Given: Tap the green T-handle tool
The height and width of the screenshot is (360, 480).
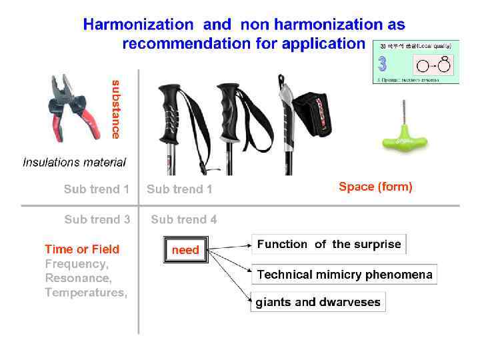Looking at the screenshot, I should click(x=404, y=137).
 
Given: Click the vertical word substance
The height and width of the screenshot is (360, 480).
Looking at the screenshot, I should click(x=116, y=109).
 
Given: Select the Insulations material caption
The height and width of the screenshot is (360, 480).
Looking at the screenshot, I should click(x=74, y=162).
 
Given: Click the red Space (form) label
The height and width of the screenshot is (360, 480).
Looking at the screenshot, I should click(x=375, y=187).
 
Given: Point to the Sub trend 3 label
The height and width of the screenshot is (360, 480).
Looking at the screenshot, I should click(x=97, y=219).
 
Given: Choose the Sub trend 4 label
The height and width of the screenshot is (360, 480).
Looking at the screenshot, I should click(x=183, y=219).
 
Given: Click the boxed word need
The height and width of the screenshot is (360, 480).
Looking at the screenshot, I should click(x=186, y=250).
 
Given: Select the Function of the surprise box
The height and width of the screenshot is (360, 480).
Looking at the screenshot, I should click(x=329, y=244).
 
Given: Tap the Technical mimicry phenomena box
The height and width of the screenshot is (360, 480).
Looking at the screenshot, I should click(x=345, y=275).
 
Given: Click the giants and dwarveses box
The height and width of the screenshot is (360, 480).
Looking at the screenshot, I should click(x=318, y=302).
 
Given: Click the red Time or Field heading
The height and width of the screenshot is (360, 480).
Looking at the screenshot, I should click(x=82, y=249).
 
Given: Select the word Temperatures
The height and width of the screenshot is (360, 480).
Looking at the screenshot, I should click(x=85, y=293).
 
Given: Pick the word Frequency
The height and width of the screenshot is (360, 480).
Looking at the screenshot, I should click(x=76, y=264).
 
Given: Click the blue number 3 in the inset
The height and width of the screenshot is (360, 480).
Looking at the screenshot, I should click(x=383, y=64).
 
